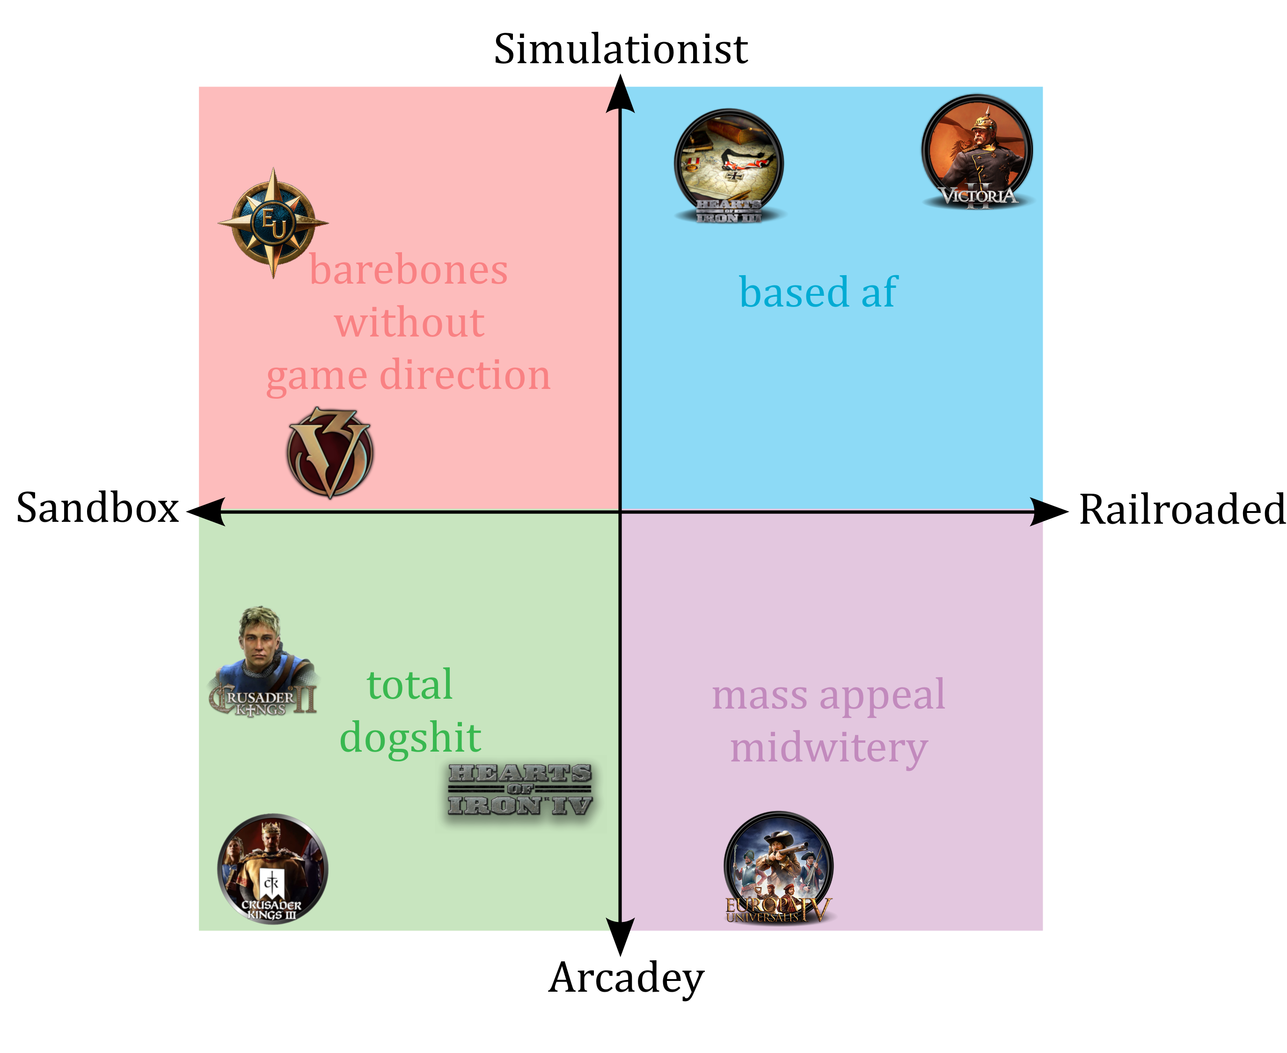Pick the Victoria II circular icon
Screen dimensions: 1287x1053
[977, 152]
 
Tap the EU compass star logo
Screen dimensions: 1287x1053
[273, 223]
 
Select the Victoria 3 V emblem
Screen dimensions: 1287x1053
[330, 453]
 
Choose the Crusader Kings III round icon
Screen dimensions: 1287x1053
[272, 869]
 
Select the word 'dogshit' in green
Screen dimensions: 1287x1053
[410, 738]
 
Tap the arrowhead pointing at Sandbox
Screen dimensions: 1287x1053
[206, 512]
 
